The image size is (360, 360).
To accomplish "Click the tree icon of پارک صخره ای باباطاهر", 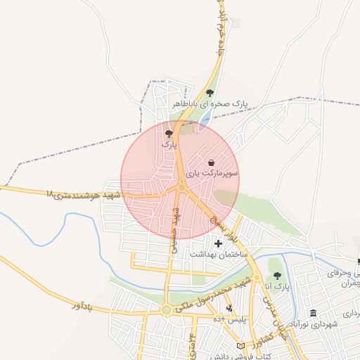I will [210, 93].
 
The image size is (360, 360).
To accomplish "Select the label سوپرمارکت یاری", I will [212, 172].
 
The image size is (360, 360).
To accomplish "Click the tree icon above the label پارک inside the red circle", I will [168, 133].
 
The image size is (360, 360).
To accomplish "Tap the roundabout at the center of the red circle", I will [181, 188].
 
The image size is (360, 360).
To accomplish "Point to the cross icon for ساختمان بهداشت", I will [218, 243].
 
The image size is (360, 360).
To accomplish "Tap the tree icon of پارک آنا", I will [276, 276].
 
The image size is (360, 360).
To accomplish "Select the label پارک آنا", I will [277, 286].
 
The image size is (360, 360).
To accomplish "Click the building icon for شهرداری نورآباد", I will [313, 313].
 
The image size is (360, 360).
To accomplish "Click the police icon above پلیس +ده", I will [229, 309].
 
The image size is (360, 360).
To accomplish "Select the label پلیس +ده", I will [231, 319].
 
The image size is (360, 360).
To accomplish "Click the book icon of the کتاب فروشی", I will [241, 346].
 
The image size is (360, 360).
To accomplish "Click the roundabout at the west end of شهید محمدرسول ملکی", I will [166, 309].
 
